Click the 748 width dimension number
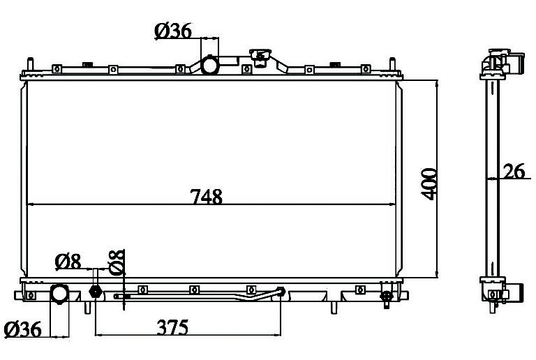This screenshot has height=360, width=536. point(206,196)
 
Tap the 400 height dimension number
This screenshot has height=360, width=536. point(429,183)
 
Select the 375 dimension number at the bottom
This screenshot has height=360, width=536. point(172,327)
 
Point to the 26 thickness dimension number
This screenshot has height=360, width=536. point(514,171)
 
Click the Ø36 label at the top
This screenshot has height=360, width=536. point(173,31)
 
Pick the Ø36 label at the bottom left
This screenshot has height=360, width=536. point(22,329)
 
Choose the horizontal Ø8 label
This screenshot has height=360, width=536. point(68,262)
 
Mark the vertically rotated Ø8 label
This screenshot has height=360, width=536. point(117,262)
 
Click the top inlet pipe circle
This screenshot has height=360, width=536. point(209,65)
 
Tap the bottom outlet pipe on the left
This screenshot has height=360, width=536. point(59,293)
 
